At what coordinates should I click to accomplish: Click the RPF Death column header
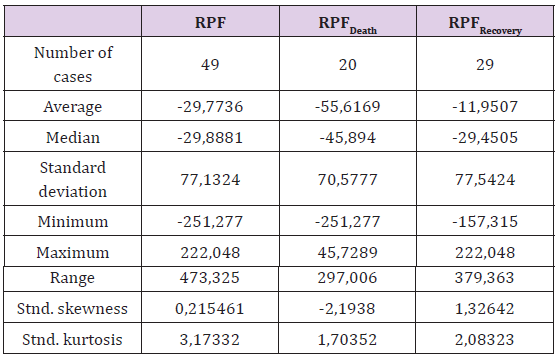tap(348, 25)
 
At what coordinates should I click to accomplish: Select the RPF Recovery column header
tap(485, 25)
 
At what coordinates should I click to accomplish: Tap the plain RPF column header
tap(210, 23)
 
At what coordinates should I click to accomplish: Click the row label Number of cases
tap(73, 65)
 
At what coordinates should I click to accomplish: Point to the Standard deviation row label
tap(73, 179)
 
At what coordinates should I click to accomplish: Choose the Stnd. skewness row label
tap(72, 309)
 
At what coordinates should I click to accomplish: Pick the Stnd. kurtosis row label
tap(72, 339)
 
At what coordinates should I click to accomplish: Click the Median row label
tap(73, 138)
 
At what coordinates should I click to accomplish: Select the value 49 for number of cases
tap(210, 65)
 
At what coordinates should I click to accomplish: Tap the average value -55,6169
tap(348, 107)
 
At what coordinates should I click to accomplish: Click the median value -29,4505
tap(485, 138)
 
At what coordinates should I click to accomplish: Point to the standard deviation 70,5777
tap(348, 179)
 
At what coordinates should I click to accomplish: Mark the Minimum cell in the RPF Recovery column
tap(485, 222)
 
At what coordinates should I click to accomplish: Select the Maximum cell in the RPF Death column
tap(348, 253)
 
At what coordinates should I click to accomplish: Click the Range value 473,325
tap(210, 278)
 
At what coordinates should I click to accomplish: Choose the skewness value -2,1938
tap(347, 309)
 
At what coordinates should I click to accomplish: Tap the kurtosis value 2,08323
tap(485, 339)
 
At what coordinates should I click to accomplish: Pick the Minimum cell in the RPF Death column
tap(348, 222)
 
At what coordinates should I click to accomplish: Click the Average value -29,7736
tap(210, 107)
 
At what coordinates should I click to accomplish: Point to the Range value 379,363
tap(484, 278)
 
